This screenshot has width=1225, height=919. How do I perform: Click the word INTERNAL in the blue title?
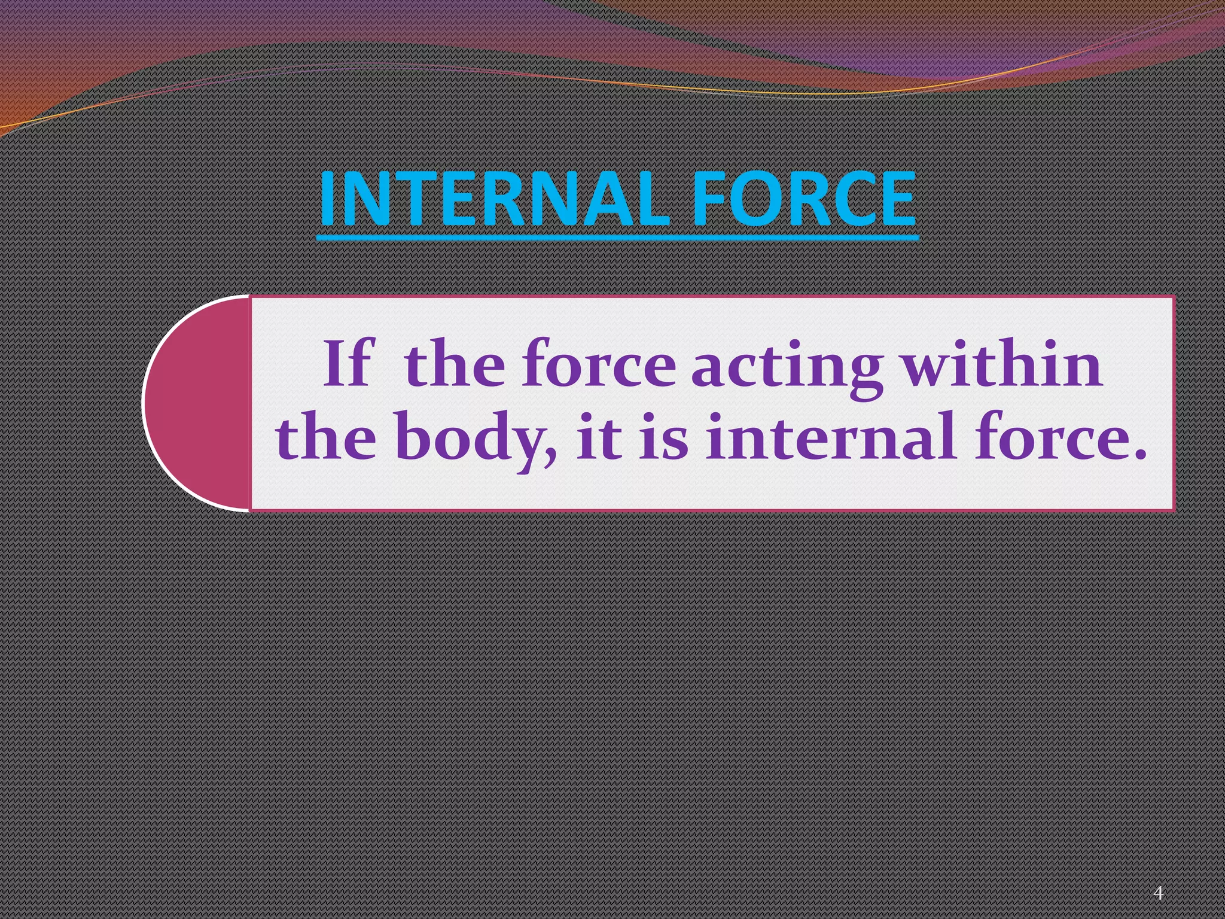click(494, 199)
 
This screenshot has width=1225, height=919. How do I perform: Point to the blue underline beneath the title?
click(617, 238)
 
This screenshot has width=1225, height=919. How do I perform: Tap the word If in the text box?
click(348, 364)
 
